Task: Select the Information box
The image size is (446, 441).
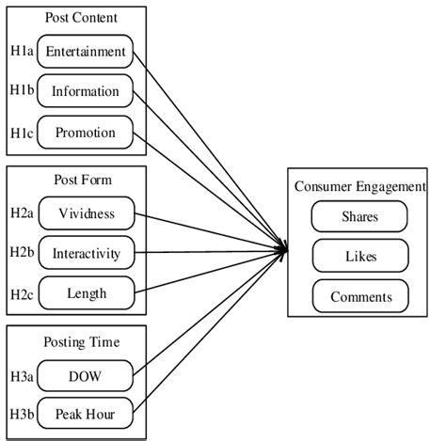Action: (86, 92)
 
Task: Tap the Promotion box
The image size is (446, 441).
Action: (86, 134)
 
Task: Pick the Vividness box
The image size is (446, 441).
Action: (86, 213)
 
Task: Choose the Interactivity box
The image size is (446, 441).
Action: (86, 254)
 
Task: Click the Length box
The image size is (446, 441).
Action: (86, 294)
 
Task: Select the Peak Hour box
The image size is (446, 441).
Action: (86, 415)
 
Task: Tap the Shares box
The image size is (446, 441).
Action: (359, 216)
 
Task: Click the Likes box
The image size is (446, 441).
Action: (359, 257)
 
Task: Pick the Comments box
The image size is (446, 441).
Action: (359, 297)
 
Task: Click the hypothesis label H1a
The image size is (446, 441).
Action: (21, 50)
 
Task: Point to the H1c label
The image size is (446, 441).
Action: (21, 132)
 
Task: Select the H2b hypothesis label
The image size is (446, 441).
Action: (22, 252)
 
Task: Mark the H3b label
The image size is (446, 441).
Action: (22, 415)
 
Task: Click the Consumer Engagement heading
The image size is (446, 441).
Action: (360, 186)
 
